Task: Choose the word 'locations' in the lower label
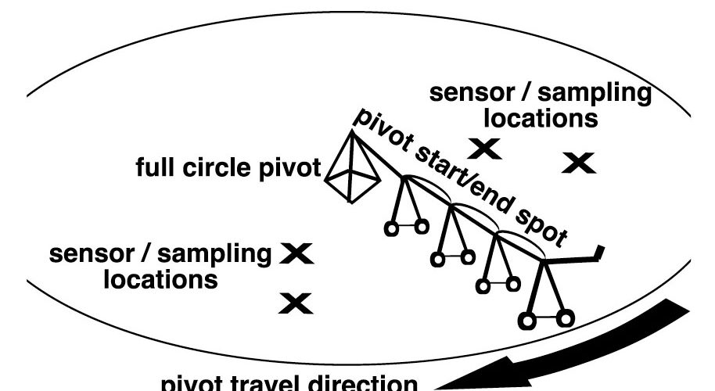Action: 161,279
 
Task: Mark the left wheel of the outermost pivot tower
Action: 526,319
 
